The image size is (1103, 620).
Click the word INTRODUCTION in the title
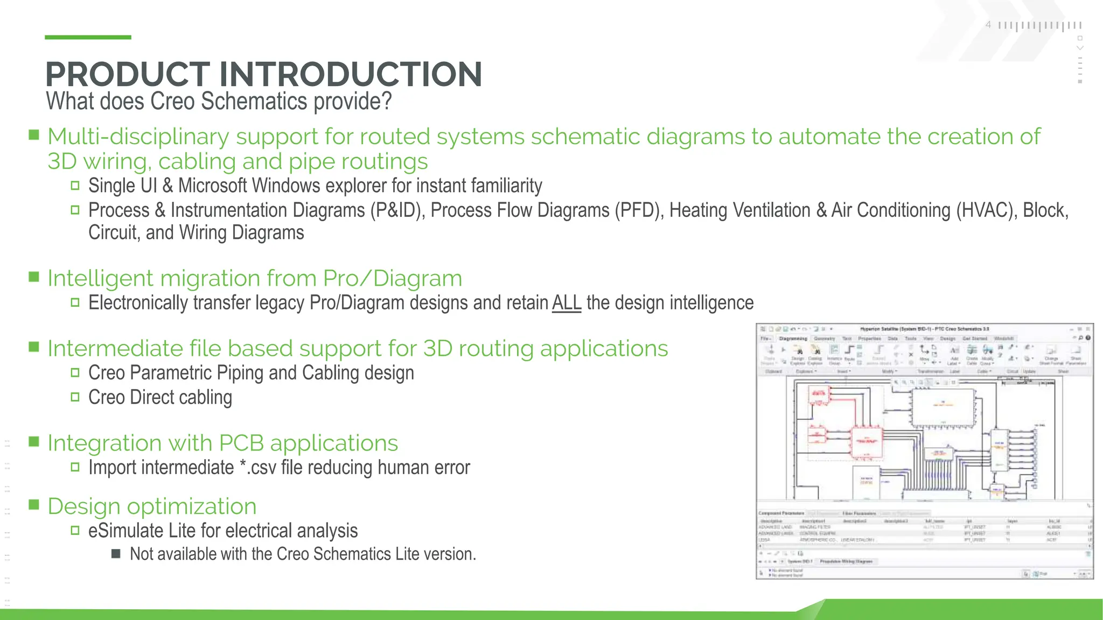point(351,74)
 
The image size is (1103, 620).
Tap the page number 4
point(988,25)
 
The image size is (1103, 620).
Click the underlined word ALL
point(567,303)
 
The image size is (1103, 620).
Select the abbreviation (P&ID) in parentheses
point(397,210)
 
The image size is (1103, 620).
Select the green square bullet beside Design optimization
point(34,505)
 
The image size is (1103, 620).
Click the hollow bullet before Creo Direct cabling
point(75,397)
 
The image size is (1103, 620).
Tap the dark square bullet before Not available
point(116,554)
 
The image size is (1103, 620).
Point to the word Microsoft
point(213,186)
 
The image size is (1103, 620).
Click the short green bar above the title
point(88,37)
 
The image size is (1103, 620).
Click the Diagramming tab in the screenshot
point(793,339)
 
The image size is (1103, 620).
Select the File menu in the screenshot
point(765,339)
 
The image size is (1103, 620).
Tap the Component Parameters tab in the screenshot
point(781,513)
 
